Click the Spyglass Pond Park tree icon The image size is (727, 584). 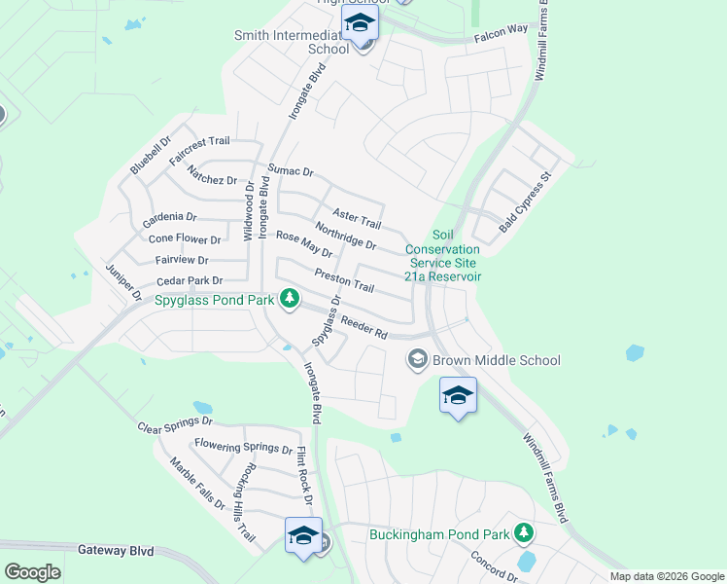pos(289,298)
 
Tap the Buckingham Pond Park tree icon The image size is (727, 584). pos(525,532)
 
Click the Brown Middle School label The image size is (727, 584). pos(497,360)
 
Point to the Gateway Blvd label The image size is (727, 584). pos(116,551)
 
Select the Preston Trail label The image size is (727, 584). pos(344,281)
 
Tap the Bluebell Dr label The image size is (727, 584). pos(151,156)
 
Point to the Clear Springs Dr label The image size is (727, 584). pos(175,425)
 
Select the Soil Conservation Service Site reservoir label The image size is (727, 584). pos(443,256)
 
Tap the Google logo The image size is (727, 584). pos(32,572)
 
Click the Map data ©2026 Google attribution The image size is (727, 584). pos(666,576)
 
